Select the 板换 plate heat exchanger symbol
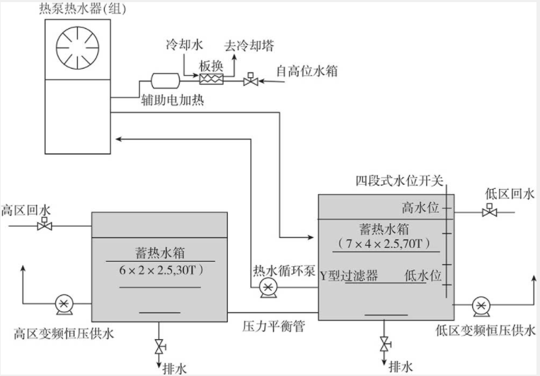pos(212,79)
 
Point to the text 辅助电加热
pos(173,101)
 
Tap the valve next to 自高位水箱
pos(249,80)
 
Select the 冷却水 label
pos(183,44)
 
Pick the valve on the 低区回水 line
pos(488,211)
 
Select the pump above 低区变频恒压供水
pos(482,305)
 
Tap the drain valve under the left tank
pos(159,346)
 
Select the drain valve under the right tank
pos(384,345)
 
